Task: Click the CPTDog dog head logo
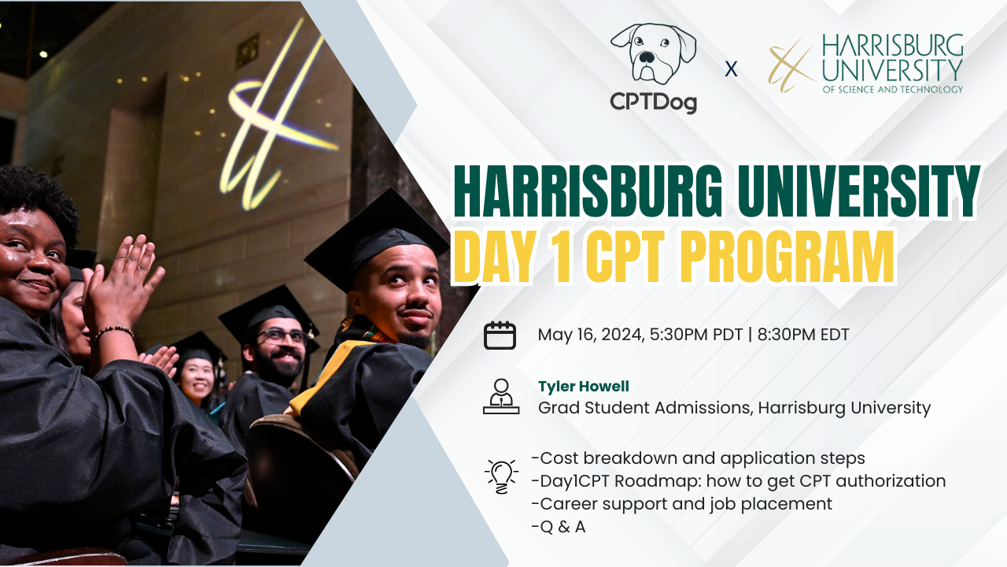(653, 54)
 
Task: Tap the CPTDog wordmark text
(654, 102)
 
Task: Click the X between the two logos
(731, 69)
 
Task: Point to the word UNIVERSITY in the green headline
(858, 191)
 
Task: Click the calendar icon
(500, 335)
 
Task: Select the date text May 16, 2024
(590, 335)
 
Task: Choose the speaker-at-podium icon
(500, 397)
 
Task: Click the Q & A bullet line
(559, 527)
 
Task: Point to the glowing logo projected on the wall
(271, 118)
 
